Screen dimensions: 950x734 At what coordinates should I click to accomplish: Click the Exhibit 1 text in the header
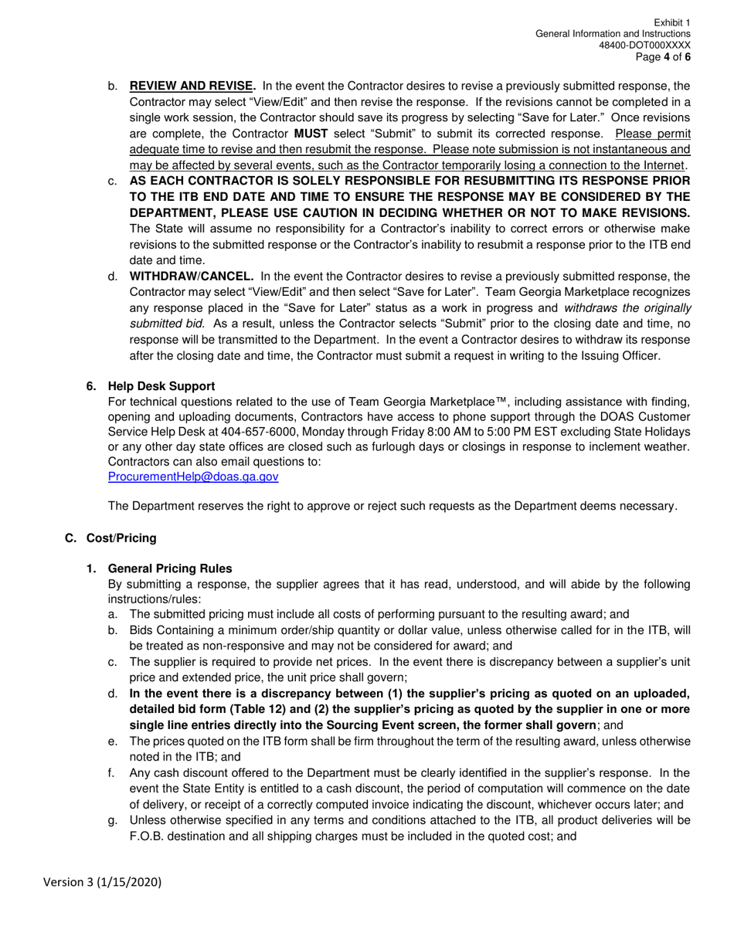pos(672,23)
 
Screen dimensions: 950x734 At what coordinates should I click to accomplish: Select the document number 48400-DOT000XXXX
pos(645,46)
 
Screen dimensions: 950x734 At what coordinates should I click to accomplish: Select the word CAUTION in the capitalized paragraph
pos(334,212)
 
